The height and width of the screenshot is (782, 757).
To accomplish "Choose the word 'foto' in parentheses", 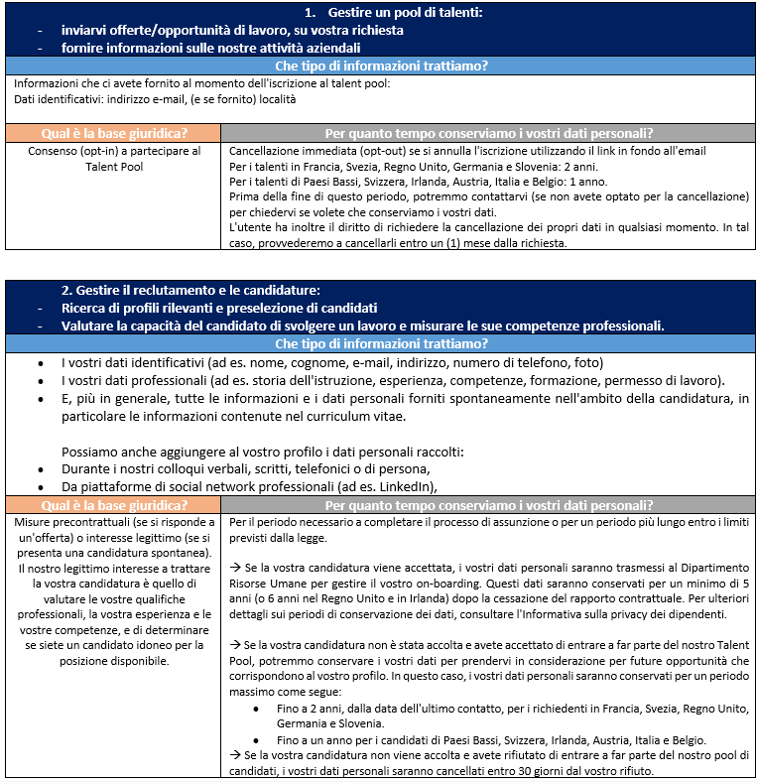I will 586,362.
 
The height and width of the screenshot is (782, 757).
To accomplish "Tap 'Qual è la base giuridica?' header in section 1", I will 111,133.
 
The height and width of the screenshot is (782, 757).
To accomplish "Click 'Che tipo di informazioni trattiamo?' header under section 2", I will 381,343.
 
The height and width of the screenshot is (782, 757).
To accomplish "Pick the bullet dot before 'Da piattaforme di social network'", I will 41,485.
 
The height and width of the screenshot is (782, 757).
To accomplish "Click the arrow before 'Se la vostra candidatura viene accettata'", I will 235,569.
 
